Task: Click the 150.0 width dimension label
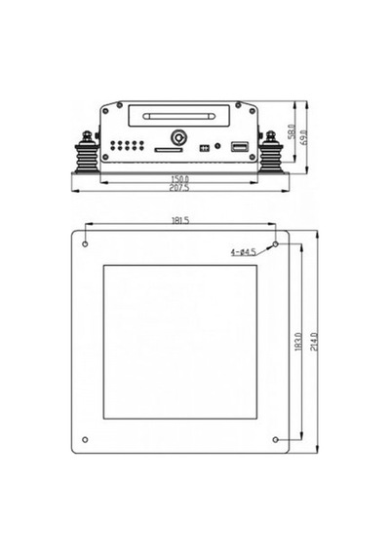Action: tap(179, 179)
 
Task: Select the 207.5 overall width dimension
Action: tap(179, 188)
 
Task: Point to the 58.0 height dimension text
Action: tap(292, 131)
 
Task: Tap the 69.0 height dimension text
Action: tap(303, 137)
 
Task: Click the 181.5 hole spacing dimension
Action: tap(180, 220)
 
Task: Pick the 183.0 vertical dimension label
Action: tap(297, 342)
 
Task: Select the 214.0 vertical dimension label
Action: tap(314, 341)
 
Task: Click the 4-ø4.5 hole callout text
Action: tap(243, 252)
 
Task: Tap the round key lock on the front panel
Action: tap(178, 137)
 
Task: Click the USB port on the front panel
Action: tap(240, 146)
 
